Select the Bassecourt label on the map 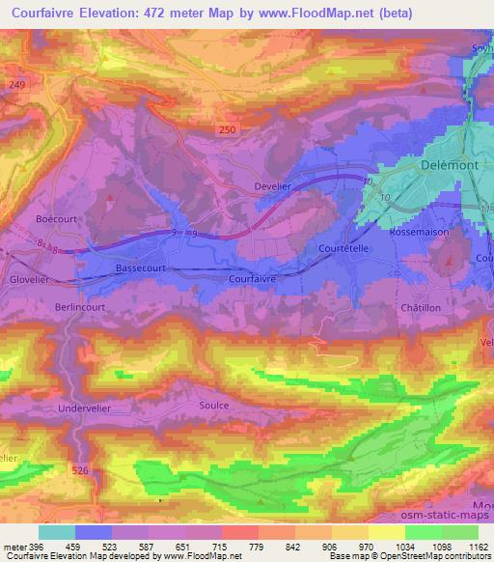[142, 267]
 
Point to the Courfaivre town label [256, 277]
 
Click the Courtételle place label [345, 248]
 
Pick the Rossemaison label [416, 232]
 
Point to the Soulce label [213, 406]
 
